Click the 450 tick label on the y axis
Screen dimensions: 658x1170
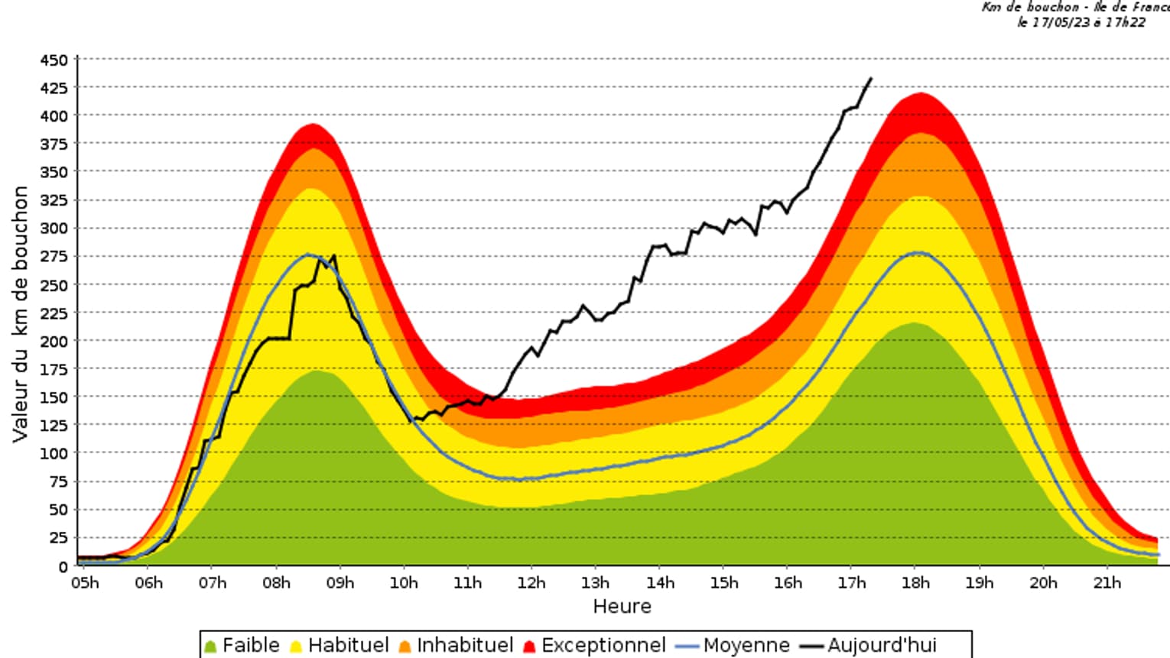(x=54, y=60)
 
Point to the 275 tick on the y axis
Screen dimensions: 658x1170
(x=54, y=256)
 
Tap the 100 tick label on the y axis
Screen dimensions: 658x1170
(x=54, y=453)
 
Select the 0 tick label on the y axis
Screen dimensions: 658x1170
(x=63, y=566)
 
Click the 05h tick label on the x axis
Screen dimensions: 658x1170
(x=85, y=583)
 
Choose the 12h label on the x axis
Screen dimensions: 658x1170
(x=531, y=583)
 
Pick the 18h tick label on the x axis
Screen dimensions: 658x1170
(x=915, y=583)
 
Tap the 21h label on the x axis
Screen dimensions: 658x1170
(x=1107, y=583)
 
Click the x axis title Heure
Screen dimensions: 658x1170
(x=622, y=607)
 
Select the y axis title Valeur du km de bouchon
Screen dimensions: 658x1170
(x=20, y=313)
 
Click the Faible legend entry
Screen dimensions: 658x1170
(x=242, y=645)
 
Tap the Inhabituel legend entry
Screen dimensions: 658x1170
(x=456, y=645)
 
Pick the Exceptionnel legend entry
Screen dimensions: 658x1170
(x=594, y=645)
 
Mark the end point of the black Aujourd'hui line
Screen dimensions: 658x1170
(x=871, y=78)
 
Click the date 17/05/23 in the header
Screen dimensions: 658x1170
(x=1061, y=22)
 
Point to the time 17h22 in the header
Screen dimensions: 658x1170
(x=1126, y=22)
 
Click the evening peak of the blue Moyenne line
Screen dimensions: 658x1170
(x=918, y=253)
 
